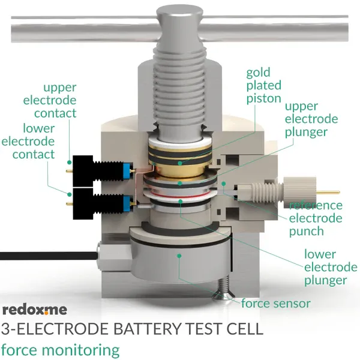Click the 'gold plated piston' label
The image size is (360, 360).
(x=263, y=85)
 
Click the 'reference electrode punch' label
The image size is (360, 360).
(x=315, y=218)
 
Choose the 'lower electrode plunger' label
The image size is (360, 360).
(x=325, y=266)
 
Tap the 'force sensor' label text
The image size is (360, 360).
(x=275, y=303)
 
